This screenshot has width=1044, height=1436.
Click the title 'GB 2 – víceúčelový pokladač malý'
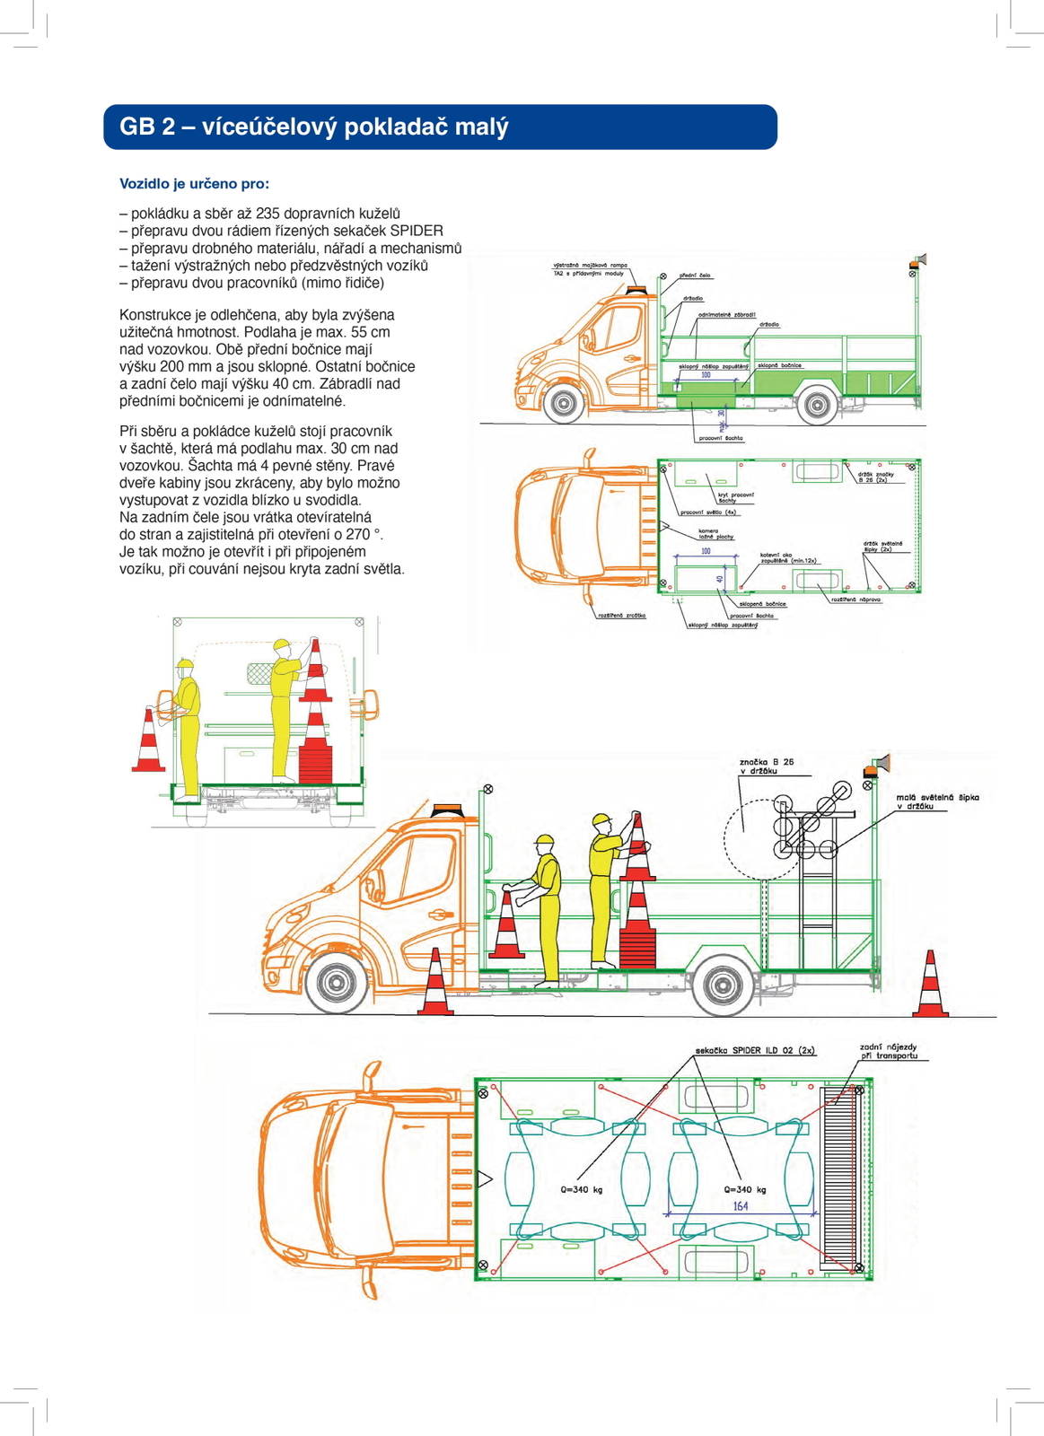(313, 127)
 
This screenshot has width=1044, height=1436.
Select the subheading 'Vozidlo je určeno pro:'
(194, 184)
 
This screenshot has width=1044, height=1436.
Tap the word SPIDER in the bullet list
(416, 231)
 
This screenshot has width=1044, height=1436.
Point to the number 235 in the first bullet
(268, 214)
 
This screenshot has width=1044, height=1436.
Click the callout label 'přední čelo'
(694, 276)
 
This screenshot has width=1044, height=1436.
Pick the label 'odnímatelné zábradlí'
(726, 315)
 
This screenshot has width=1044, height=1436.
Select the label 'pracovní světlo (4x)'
(708, 512)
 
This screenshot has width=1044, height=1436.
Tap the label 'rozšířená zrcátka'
(621, 616)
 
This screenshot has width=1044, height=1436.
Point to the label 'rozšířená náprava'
(855, 599)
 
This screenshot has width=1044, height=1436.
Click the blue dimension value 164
(741, 1206)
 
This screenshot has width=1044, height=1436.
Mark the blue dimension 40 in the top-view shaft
(720, 579)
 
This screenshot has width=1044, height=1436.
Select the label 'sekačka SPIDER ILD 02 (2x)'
(755, 1050)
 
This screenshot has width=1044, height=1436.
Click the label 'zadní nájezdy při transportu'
(889, 1051)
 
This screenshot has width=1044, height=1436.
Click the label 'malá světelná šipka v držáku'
(937, 801)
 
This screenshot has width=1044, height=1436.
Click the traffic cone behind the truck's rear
(930, 985)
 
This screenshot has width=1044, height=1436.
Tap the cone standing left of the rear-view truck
(148, 740)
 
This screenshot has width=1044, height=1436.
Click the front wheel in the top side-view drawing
(564, 405)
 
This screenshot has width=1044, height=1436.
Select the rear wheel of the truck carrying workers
(723, 985)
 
